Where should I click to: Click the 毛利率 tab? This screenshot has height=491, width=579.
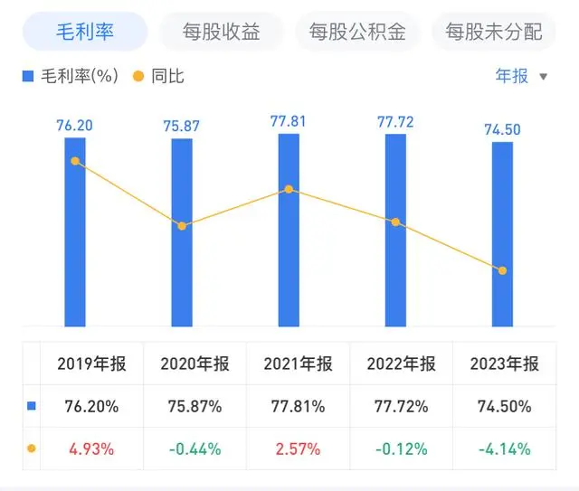(84, 33)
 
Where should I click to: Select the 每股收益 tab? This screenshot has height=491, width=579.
(221, 33)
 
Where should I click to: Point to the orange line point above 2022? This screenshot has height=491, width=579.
(395, 222)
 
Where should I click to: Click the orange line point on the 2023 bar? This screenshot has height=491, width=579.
(502, 270)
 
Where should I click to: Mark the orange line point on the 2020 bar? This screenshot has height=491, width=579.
(182, 225)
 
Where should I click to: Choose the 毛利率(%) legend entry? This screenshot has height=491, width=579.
(71, 76)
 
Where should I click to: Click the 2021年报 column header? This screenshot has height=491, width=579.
(299, 364)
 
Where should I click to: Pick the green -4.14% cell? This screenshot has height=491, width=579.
(505, 449)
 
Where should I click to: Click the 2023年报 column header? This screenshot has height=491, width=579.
(505, 364)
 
